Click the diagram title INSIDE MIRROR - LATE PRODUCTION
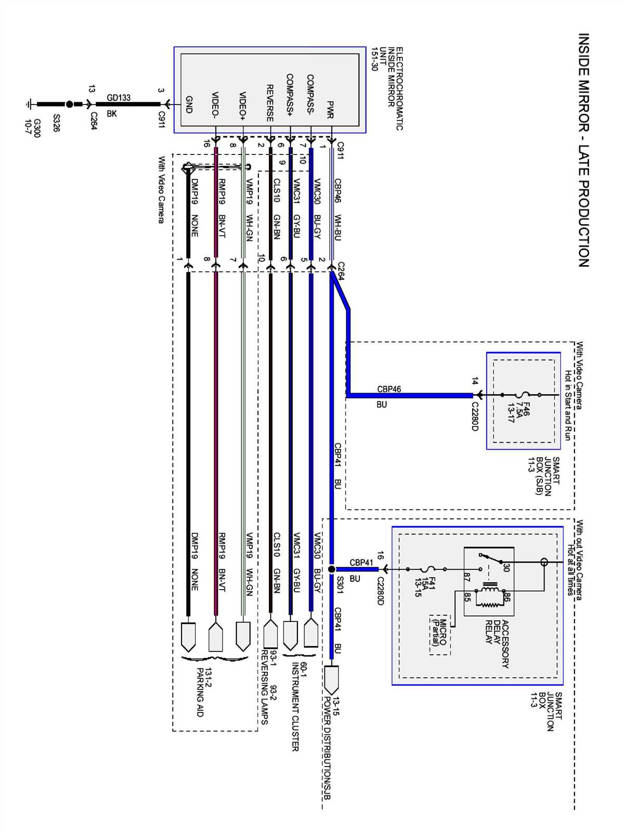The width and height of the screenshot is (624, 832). [583, 151]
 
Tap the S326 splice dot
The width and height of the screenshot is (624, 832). [69, 104]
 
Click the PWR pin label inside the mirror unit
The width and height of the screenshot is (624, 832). [330, 110]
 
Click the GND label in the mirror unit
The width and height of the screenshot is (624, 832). [189, 105]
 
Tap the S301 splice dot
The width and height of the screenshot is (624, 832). [332, 569]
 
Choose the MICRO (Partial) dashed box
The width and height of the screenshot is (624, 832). [439, 635]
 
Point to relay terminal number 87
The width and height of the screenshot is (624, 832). [466, 577]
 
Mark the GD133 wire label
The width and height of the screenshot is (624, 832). [119, 98]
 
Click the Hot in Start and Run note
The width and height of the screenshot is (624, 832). [568, 406]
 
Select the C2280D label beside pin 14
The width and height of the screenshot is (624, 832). [475, 416]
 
